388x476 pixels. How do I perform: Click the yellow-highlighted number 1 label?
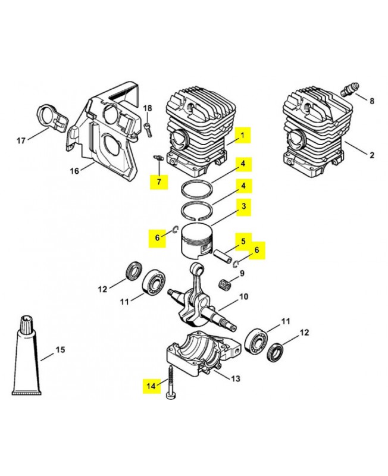coord(243,136)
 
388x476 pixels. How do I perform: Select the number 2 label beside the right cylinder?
coord(372,156)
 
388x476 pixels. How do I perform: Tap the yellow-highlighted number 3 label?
coord(243,207)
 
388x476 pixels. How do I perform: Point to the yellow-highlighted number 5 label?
coord(243,242)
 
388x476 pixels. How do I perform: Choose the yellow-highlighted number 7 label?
coord(158,181)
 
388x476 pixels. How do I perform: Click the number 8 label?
coord(372,101)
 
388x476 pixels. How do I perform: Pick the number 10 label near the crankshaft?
coord(243,297)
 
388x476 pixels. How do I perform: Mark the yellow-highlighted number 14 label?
coord(151,386)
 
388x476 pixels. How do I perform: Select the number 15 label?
coord(60,350)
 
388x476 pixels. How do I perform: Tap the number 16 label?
coord(74,171)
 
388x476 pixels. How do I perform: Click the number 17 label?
coord(21,141)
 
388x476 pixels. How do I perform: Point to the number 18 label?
coord(148,108)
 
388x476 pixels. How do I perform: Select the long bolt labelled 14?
coord(171,387)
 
